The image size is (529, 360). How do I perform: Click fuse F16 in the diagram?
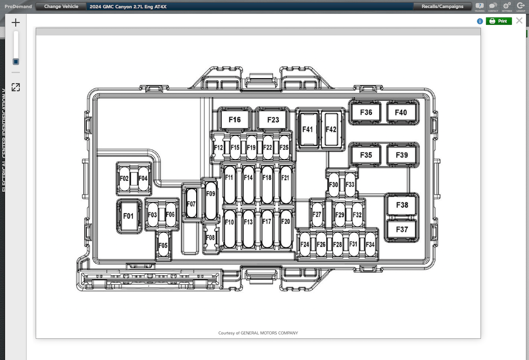click(234, 119)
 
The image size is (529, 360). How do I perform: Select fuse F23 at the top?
click(272, 119)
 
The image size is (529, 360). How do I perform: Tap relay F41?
click(307, 129)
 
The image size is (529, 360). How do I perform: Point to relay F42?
click(331, 129)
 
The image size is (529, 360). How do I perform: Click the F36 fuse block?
click(366, 112)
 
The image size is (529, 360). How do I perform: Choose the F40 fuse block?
click(401, 112)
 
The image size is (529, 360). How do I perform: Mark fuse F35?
click(366, 155)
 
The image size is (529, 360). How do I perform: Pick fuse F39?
click(401, 155)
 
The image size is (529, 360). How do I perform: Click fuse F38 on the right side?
click(402, 205)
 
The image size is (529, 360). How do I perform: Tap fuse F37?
click(402, 229)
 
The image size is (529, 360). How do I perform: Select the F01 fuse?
click(128, 216)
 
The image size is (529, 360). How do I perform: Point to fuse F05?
click(163, 245)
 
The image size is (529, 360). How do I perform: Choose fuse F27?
click(317, 215)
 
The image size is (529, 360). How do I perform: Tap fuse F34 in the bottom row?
click(370, 244)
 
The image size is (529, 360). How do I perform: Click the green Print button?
click(499, 21)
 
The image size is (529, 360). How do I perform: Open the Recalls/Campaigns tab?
click(442, 6)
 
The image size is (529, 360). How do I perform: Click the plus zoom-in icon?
click(16, 22)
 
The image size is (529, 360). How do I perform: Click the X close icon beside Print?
click(519, 21)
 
